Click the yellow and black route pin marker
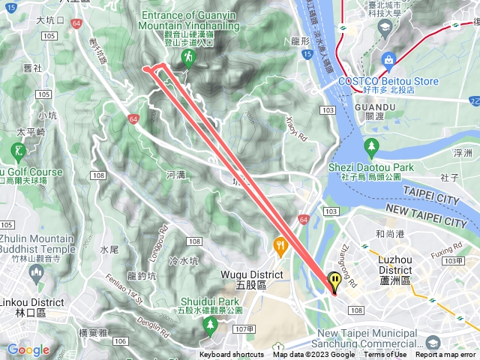[x=334, y=282]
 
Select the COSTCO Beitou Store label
[x=388, y=81]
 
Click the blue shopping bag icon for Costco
[x=388, y=60]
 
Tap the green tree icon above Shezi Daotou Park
[x=370, y=145]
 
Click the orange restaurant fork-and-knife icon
[x=280, y=244]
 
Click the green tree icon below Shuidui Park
[x=211, y=324]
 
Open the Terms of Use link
[x=385, y=355]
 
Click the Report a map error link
[x=446, y=355]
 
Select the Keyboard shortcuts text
[x=231, y=355]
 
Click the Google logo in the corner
[x=28, y=349]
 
